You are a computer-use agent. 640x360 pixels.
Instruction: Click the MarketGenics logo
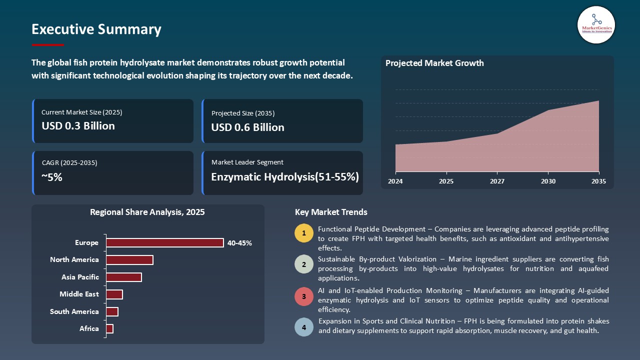596,24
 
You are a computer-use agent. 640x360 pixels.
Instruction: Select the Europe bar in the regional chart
165,242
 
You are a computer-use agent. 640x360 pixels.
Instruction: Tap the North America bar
129,260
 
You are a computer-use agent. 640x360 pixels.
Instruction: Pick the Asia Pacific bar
124,277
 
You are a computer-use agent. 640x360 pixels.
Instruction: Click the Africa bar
110,328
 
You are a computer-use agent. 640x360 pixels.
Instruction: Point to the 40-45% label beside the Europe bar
239,243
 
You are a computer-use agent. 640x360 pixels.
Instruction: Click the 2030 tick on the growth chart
548,181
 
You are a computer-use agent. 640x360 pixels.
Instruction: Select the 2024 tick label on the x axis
395,181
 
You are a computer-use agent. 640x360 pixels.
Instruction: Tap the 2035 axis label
598,181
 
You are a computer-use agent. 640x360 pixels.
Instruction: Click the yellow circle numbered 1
304,233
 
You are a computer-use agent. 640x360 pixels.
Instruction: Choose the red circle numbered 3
304,296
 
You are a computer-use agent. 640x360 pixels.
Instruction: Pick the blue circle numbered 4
304,327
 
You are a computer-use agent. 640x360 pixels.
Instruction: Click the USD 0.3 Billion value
78,126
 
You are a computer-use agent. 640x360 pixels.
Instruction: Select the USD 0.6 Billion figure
247,127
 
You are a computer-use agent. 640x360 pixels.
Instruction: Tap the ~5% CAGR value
52,177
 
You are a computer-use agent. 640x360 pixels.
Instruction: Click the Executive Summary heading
96,29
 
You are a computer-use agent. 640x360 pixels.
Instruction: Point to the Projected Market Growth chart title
434,63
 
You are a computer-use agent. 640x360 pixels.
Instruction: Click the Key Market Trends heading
331,212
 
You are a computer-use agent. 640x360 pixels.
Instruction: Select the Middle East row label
79,294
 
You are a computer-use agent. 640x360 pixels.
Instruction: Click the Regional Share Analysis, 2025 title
147,212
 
